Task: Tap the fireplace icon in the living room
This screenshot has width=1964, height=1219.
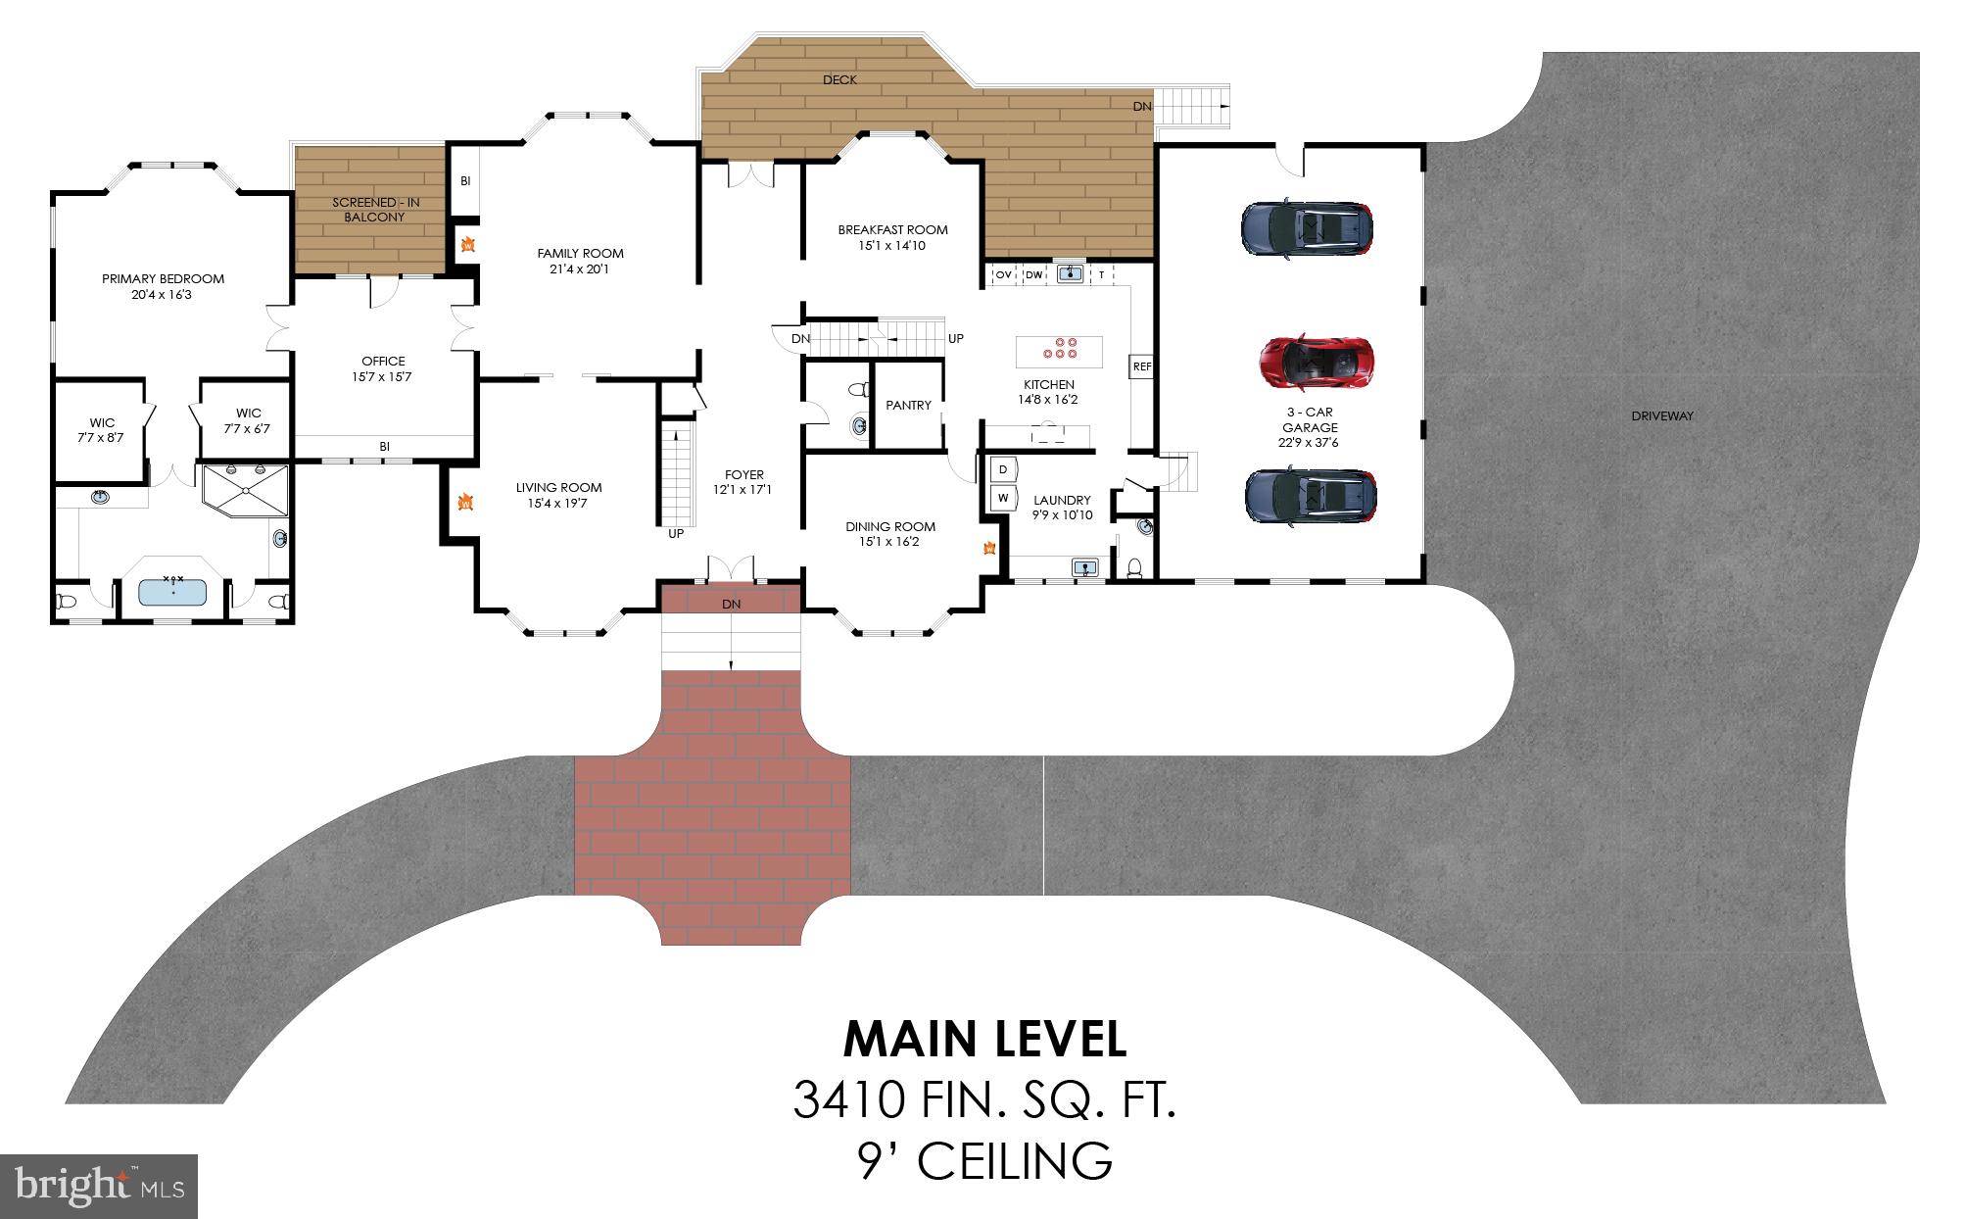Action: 465,503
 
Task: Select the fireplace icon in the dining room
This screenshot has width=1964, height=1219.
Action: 989,548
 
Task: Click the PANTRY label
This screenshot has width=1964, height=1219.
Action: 908,405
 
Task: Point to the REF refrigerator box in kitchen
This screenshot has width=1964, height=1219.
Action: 1141,366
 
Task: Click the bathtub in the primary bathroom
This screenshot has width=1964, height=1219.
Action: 172,592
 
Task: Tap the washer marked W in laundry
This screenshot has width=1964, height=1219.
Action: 1003,498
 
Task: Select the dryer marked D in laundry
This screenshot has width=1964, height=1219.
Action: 1003,470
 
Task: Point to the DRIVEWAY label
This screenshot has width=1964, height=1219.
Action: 1661,415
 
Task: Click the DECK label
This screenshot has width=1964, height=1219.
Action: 839,79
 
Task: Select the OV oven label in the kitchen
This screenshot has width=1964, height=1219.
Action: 1003,275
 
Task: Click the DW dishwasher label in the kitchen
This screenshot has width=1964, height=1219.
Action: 1033,275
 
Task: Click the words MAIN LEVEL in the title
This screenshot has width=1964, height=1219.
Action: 983,1040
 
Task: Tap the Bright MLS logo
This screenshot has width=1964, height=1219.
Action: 99,1186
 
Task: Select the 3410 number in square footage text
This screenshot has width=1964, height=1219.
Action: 848,1099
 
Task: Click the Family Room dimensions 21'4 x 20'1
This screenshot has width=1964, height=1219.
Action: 579,268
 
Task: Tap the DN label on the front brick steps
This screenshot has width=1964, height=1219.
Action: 731,604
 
